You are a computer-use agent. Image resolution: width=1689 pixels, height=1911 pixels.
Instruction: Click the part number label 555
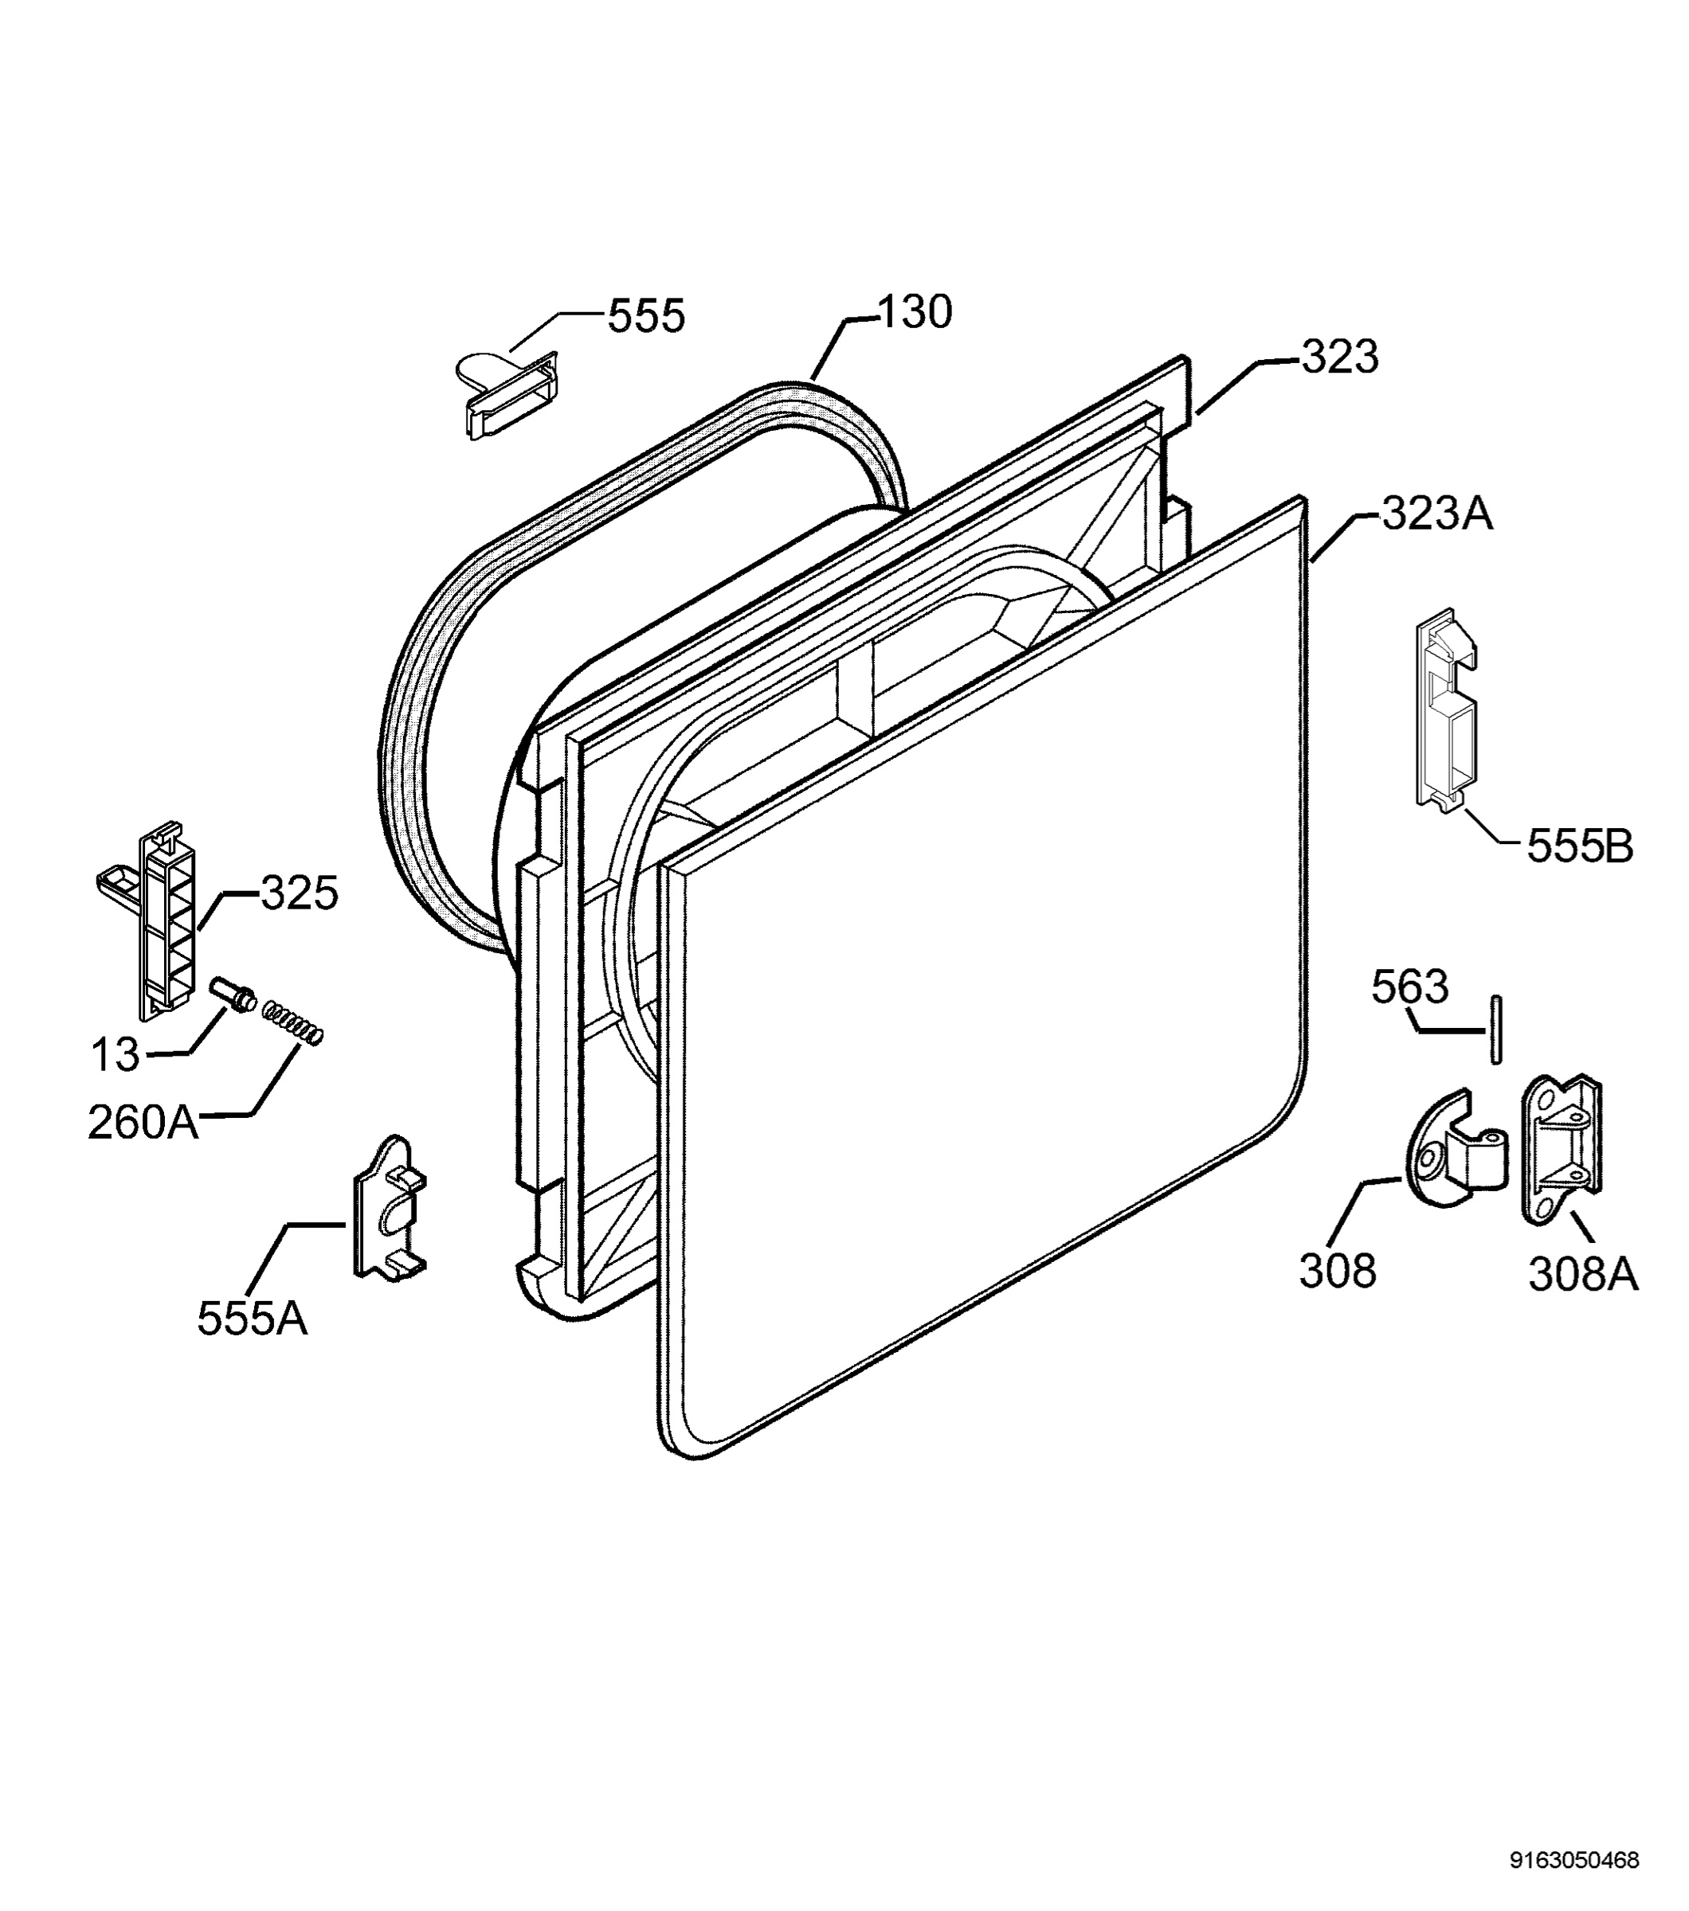click(x=646, y=316)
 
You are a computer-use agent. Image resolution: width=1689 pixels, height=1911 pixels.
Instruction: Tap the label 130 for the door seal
click(x=915, y=311)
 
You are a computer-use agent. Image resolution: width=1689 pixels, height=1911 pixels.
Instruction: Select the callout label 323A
click(x=1436, y=514)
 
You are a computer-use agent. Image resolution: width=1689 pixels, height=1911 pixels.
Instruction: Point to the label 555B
click(x=1580, y=846)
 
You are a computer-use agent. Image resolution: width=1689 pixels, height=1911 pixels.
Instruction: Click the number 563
click(x=1410, y=987)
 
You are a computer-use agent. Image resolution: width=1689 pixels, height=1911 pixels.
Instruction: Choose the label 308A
click(x=1583, y=1273)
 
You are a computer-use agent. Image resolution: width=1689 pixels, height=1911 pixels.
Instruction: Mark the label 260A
click(x=143, y=1122)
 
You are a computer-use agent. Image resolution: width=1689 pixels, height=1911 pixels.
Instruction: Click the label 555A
click(x=252, y=1319)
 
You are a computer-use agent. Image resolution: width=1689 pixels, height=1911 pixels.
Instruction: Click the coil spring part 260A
click(x=292, y=1023)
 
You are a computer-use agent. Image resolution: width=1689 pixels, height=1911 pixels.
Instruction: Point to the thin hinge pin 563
click(x=1496, y=1030)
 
